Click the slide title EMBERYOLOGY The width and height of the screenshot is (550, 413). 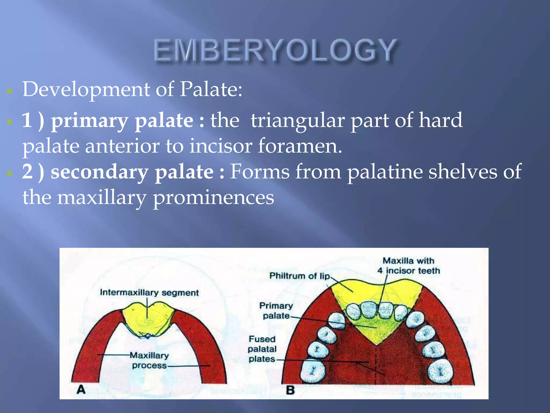[275, 50]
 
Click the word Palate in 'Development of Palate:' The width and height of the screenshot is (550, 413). [211, 89]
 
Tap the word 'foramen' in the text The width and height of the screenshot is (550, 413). [299, 146]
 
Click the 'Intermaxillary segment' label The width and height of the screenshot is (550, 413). [149, 293]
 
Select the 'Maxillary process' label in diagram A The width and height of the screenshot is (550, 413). [150, 360]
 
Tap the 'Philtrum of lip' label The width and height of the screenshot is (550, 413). [300, 276]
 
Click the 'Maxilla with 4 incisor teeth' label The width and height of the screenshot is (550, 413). [408, 266]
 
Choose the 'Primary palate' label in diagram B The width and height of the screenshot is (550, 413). [276, 311]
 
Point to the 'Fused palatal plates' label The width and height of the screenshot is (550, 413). [262, 349]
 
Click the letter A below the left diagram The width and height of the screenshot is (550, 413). [81, 389]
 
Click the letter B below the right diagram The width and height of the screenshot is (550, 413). [290, 390]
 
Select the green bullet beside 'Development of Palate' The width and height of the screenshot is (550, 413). [10, 91]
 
